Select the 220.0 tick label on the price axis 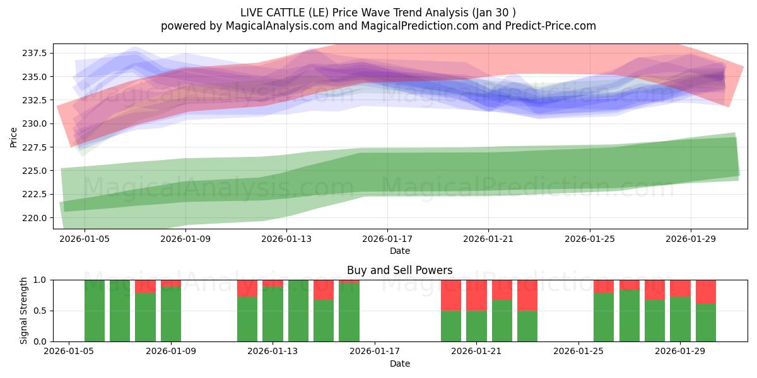pos(35,218)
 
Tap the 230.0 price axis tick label pos(35,123)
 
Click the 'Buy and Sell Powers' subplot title pos(399,270)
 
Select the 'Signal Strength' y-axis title pos(23,310)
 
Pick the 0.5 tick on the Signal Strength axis pos(41,311)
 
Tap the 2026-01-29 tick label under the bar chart pos(681,350)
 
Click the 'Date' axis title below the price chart pos(399,251)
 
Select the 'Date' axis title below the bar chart pos(399,364)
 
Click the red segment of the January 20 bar pos(451,295)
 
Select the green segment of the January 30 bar pos(706,323)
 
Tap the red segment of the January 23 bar pos(527,295)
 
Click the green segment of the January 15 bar pos(324,321)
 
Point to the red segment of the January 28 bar pos(655,290)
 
